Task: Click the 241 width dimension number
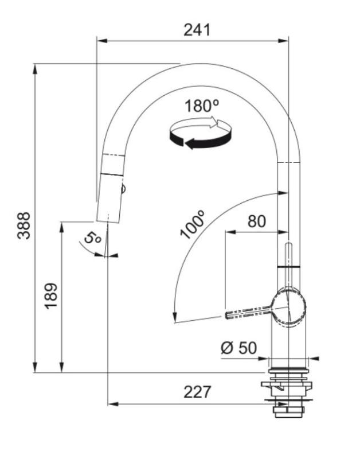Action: point(197,30)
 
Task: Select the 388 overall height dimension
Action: point(24,225)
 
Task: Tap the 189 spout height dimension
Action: point(52,295)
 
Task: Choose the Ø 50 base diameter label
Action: point(238,348)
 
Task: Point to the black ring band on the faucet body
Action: point(288,267)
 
